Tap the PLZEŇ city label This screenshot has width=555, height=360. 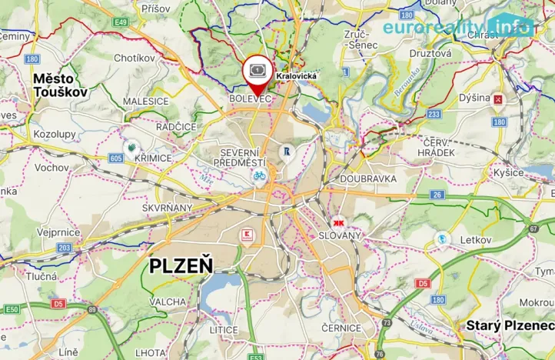click(x=181, y=266)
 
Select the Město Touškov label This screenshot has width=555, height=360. click(x=60, y=85)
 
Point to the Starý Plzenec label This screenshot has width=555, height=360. click(x=509, y=325)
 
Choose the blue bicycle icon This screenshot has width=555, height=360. click(x=260, y=175)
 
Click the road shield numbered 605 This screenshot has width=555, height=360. click(x=116, y=158)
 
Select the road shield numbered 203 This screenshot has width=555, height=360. click(x=65, y=248)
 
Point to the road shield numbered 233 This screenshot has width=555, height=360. click(x=434, y=114)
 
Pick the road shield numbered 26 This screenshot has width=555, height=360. click(x=437, y=195)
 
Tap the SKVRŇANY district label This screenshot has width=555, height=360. click(x=167, y=208)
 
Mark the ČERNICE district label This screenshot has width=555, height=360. click(x=341, y=327)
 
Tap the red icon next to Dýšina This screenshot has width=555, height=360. click(x=499, y=98)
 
